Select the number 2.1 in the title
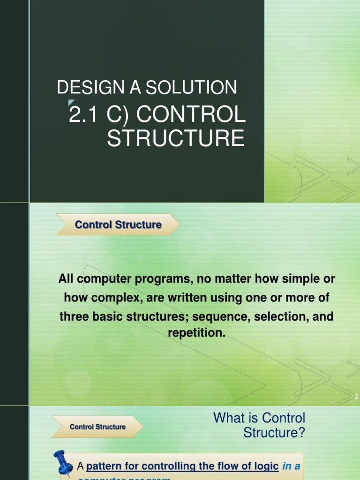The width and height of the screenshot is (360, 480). point(81,115)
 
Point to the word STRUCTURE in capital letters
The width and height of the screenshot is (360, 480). point(176,139)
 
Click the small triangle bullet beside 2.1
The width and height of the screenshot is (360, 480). point(71,103)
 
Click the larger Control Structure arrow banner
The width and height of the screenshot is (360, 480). point(118,225)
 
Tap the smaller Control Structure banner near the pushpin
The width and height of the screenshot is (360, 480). point(97,427)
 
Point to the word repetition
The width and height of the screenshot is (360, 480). point(196,334)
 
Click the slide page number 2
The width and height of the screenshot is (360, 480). point(356,397)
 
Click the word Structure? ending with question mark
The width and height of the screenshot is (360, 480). point(274,433)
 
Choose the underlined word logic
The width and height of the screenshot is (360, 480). point(265,466)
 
